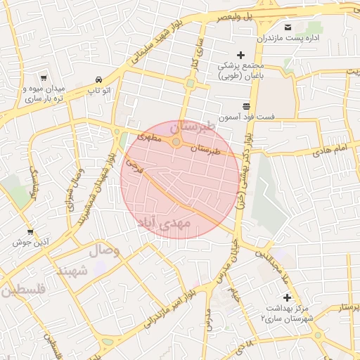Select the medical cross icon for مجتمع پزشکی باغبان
point(240,55)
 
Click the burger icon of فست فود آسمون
point(245,105)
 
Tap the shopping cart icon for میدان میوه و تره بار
point(44,78)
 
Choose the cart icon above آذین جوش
point(30,231)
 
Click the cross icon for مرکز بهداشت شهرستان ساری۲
point(287,297)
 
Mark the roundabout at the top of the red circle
point(176,143)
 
